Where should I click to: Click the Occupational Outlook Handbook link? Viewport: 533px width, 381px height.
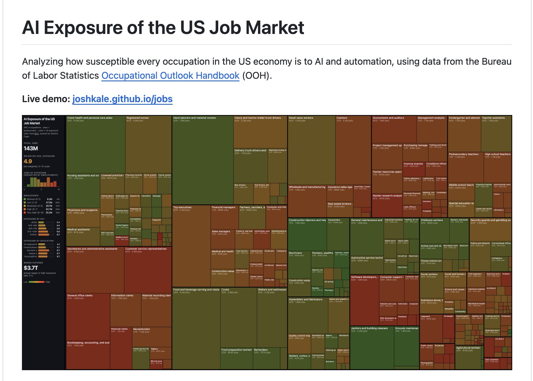[x=170, y=75]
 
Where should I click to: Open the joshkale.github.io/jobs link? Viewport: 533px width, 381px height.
[x=122, y=99]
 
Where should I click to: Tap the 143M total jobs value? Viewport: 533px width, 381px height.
[x=31, y=148]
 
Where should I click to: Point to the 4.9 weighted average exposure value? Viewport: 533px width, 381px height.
[x=28, y=161]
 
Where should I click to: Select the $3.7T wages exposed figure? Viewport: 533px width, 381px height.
[x=31, y=268]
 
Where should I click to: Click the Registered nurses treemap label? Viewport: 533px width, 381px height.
[x=137, y=118]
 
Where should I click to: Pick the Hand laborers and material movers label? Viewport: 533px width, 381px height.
[x=195, y=118]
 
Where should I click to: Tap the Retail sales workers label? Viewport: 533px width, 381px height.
[x=301, y=118]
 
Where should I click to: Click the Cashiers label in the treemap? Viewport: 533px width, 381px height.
[x=342, y=118]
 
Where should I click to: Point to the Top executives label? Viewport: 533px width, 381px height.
[x=182, y=207]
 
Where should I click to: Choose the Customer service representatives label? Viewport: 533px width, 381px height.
[x=146, y=249]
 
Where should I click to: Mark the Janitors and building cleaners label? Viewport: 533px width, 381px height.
[x=369, y=328]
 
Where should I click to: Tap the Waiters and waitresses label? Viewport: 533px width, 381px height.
[x=272, y=290]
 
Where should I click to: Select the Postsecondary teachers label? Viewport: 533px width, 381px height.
[x=464, y=154]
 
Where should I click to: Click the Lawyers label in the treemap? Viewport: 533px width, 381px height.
[x=425, y=316]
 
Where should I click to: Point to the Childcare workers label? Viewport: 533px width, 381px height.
[x=431, y=220]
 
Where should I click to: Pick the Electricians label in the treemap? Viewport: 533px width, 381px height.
[x=295, y=253]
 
